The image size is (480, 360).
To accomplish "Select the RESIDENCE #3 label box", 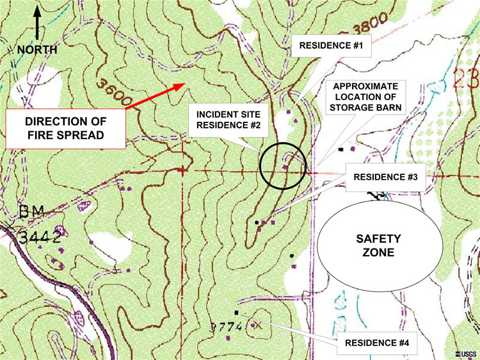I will (x=381, y=177).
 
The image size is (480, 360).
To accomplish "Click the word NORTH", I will (x=36, y=49).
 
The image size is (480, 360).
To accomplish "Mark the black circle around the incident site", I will (x=284, y=165).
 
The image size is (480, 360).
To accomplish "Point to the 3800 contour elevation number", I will (x=367, y=27).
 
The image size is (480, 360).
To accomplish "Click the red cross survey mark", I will (x=184, y=170).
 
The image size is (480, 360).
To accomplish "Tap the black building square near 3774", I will (x=237, y=313).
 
